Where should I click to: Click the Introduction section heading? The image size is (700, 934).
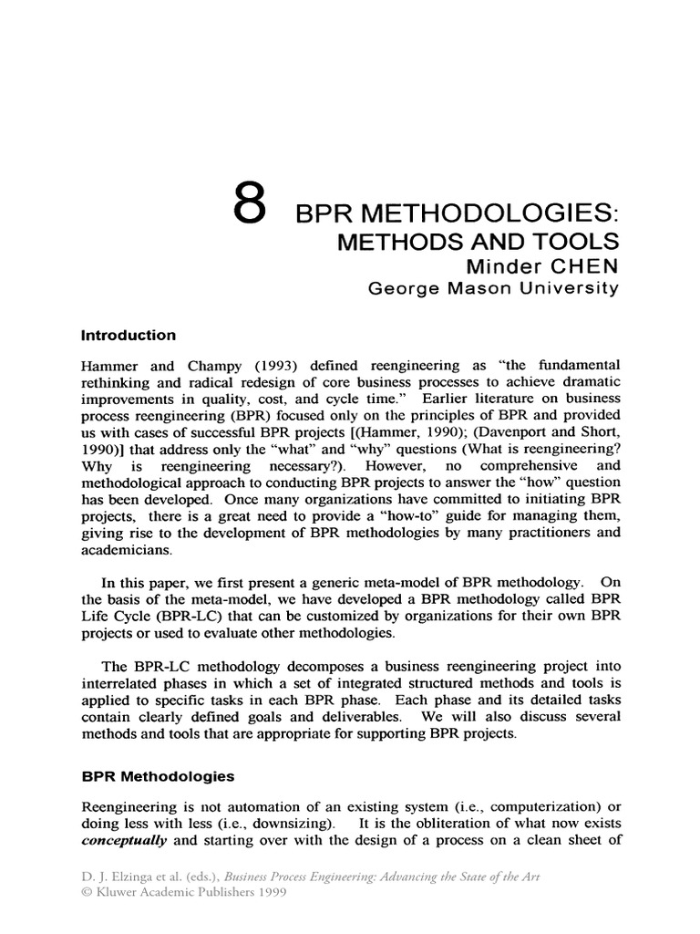pyautogui.click(x=129, y=335)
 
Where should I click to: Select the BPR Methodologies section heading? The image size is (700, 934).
pyautogui.click(x=158, y=776)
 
